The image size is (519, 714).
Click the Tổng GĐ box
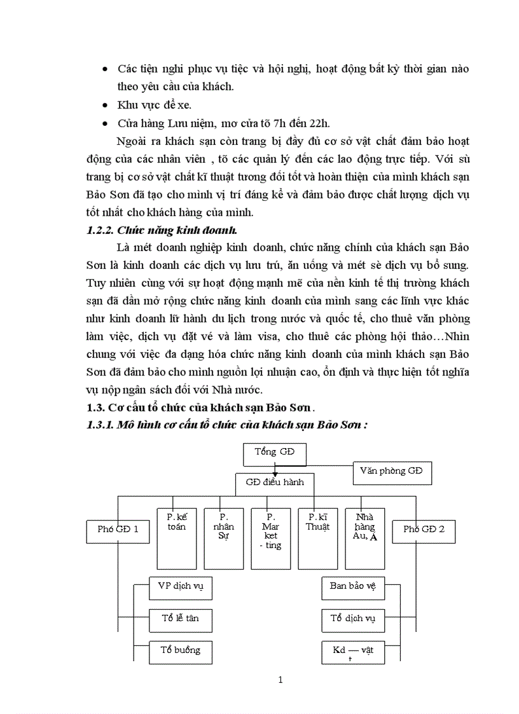[274, 453]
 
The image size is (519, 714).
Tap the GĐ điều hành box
[275, 482]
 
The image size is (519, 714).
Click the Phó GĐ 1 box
[118, 529]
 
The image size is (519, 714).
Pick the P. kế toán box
[177, 538]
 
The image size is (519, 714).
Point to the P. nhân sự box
[224, 538]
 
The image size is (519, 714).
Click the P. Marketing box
[271, 538]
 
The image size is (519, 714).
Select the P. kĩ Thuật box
[318, 538]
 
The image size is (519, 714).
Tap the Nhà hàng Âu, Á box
[365, 538]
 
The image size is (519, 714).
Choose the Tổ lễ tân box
[181, 619]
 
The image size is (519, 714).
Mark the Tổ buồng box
[181, 650]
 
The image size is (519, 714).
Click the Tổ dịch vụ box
[353, 619]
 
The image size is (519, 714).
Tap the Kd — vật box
[353, 652]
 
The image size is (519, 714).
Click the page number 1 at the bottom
[280, 680]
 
